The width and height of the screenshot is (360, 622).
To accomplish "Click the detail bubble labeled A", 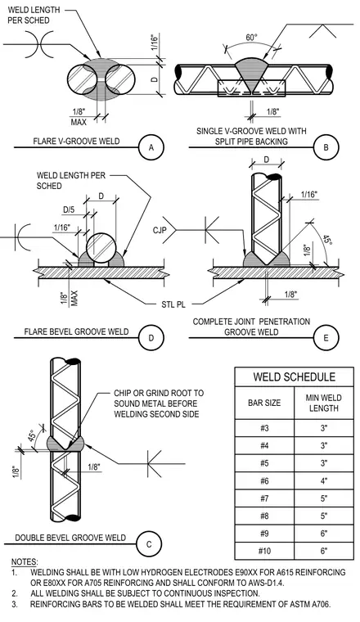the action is click(151, 147).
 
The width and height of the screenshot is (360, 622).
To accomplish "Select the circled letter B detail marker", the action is click(326, 147).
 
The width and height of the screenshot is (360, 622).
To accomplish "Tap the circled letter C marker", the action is click(149, 544).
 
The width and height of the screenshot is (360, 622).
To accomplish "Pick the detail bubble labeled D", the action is click(151, 338).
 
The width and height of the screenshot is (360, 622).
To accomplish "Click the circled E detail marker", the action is click(326, 338).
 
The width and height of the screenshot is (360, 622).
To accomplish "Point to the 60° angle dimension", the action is click(251, 38).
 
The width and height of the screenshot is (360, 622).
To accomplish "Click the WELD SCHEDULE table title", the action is click(295, 376).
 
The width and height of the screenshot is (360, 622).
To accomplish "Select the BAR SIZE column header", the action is click(264, 403).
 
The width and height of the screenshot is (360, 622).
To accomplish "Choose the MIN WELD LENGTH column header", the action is click(323, 403).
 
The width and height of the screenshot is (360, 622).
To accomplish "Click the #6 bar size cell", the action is click(264, 480).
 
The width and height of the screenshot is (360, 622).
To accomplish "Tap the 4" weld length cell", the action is click(324, 480).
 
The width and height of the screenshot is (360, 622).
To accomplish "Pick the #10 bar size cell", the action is click(264, 551).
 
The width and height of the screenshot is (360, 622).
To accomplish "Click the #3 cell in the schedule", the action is click(264, 428).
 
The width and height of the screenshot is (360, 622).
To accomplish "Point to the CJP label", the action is click(160, 230).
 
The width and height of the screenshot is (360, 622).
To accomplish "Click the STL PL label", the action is click(173, 304).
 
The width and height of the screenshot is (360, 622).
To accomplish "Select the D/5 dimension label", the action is click(69, 209).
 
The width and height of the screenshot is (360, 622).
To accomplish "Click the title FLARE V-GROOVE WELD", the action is click(76, 142).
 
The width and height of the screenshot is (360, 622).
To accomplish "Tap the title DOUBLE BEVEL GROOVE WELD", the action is click(70, 538).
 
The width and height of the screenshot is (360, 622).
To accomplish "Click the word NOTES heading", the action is click(25, 562).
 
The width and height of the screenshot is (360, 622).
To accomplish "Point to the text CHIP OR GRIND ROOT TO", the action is click(159, 393).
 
